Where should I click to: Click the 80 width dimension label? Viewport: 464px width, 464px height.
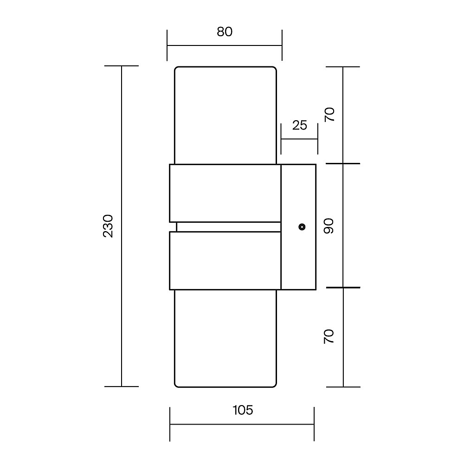[225, 32]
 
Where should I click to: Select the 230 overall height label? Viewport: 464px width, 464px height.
[108, 226]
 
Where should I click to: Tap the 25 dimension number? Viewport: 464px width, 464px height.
[299, 125]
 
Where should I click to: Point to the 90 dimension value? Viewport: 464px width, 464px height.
[329, 226]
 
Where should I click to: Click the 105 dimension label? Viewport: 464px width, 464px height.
[243, 410]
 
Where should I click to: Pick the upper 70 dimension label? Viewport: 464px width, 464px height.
[329, 115]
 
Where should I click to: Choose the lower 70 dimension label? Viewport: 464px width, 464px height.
[329, 336]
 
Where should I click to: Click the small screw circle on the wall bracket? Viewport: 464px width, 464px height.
[302, 227]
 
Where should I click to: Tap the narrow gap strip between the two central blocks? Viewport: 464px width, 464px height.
[228, 227]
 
